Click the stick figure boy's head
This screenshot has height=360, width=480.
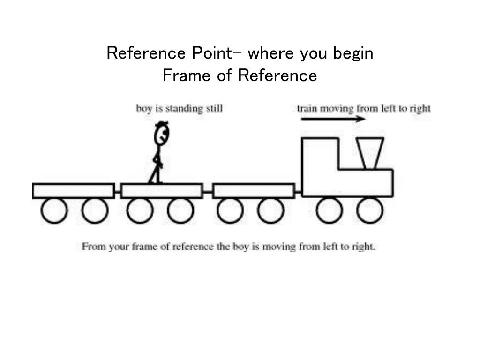click(161, 135)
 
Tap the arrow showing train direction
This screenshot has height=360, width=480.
click(333, 119)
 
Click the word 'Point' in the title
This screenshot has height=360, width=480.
click(210, 53)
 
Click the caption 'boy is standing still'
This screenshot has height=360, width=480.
click(179, 109)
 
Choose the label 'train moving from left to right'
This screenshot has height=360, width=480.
click(363, 109)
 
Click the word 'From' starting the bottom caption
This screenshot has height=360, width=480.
click(93, 246)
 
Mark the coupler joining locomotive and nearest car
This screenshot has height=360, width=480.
click(298, 191)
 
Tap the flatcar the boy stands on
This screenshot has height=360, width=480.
click(162, 191)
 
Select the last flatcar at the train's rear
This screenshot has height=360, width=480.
click(74, 191)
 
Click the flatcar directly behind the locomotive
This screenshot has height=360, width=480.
click(254, 191)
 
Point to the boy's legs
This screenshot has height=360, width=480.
click(156, 172)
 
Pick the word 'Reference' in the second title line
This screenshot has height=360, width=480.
click(277, 75)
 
